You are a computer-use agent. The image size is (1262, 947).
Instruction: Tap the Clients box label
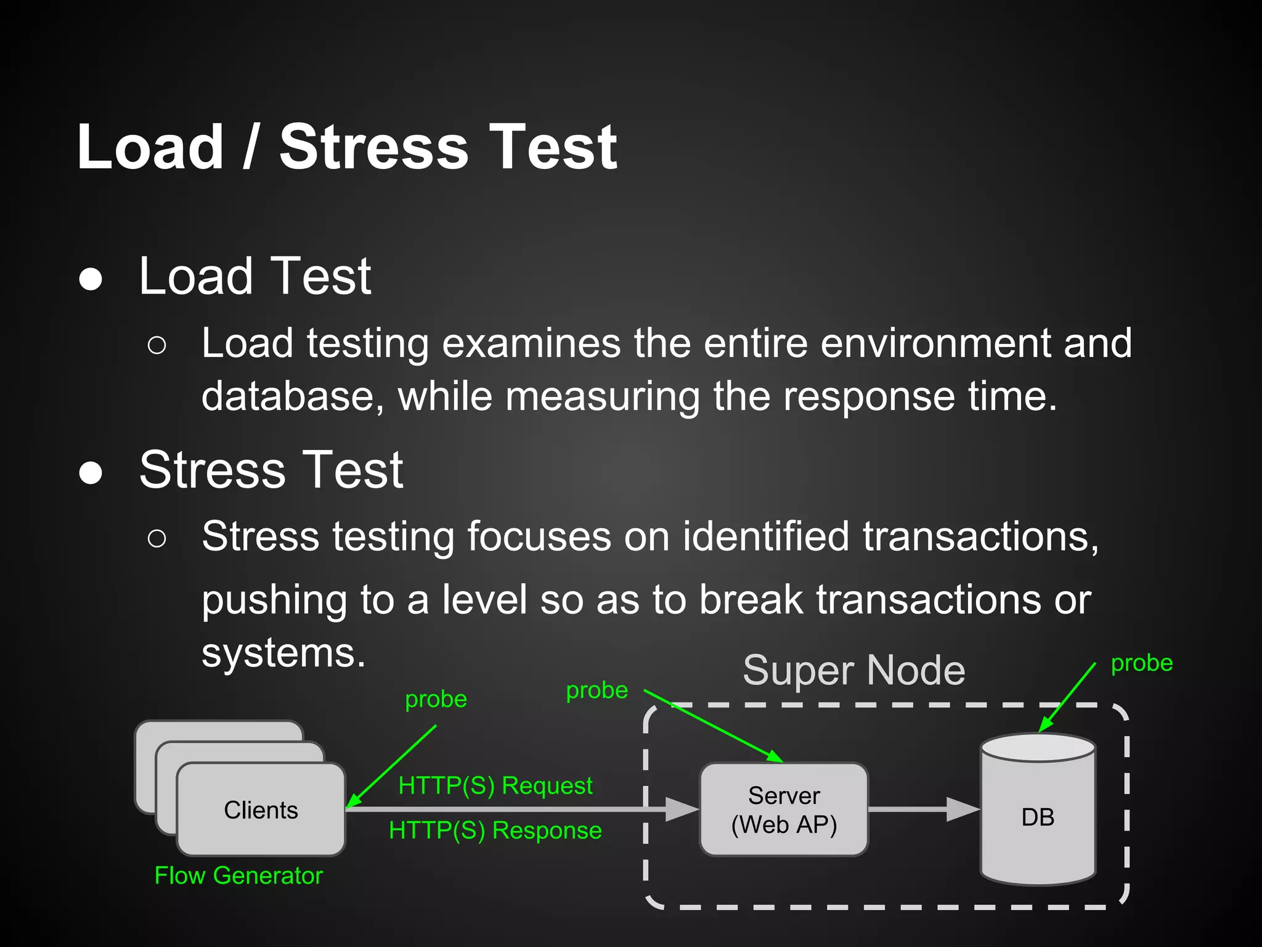click(261, 810)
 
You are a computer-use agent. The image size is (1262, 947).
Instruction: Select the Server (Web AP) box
click(784, 810)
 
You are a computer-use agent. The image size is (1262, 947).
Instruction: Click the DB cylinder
click(1038, 817)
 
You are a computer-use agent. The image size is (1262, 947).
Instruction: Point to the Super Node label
click(854, 671)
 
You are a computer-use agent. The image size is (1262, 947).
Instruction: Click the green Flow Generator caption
click(238, 875)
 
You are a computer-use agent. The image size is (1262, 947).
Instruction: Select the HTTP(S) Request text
click(495, 785)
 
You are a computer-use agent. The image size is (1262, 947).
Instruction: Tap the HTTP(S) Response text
click(495, 830)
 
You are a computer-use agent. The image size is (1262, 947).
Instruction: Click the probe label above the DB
click(1141, 663)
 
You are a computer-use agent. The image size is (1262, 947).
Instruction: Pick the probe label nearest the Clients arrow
click(436, 700)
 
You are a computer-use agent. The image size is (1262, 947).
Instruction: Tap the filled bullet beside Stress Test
click(91, 473)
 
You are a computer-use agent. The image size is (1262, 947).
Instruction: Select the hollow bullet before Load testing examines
click(157, 346)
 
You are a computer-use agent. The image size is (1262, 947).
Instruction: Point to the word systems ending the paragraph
click(283, 654)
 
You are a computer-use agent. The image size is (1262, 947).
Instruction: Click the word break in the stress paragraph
click(751, 600)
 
